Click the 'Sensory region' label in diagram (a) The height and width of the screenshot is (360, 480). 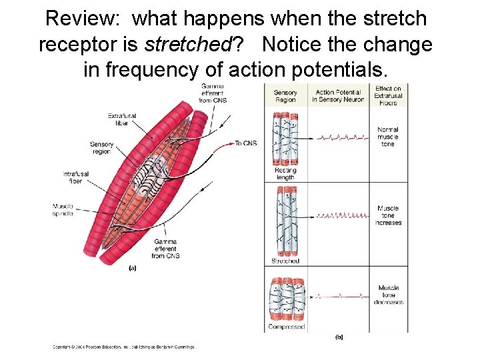[x=101, y=147]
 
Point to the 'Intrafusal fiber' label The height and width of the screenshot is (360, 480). [x=76, y=177]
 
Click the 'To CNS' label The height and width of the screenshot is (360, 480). [x=245, y=143]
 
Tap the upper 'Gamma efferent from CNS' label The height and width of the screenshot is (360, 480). [x=214, y=93]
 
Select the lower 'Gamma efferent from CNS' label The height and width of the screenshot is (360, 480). [x=166, y=248]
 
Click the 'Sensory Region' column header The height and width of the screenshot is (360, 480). [x=285, y=96]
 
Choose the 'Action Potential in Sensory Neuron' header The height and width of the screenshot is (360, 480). [x=339, y=96]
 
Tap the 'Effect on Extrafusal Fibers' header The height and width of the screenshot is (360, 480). [x=388, y=95]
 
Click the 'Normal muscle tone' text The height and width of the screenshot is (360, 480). [x=387, y=137]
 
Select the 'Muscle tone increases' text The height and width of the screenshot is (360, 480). [x=388, y=215]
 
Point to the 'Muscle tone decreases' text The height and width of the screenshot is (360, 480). [x=388, y=295]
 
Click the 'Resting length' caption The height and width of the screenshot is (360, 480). [x=285, y=173]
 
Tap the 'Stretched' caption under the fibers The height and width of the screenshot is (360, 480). [x=285, y=261]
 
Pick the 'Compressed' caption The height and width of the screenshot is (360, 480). [x=286, y=327]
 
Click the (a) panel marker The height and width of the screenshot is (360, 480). [x=132, y=268]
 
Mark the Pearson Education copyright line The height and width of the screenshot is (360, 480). [x=124, y=347]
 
